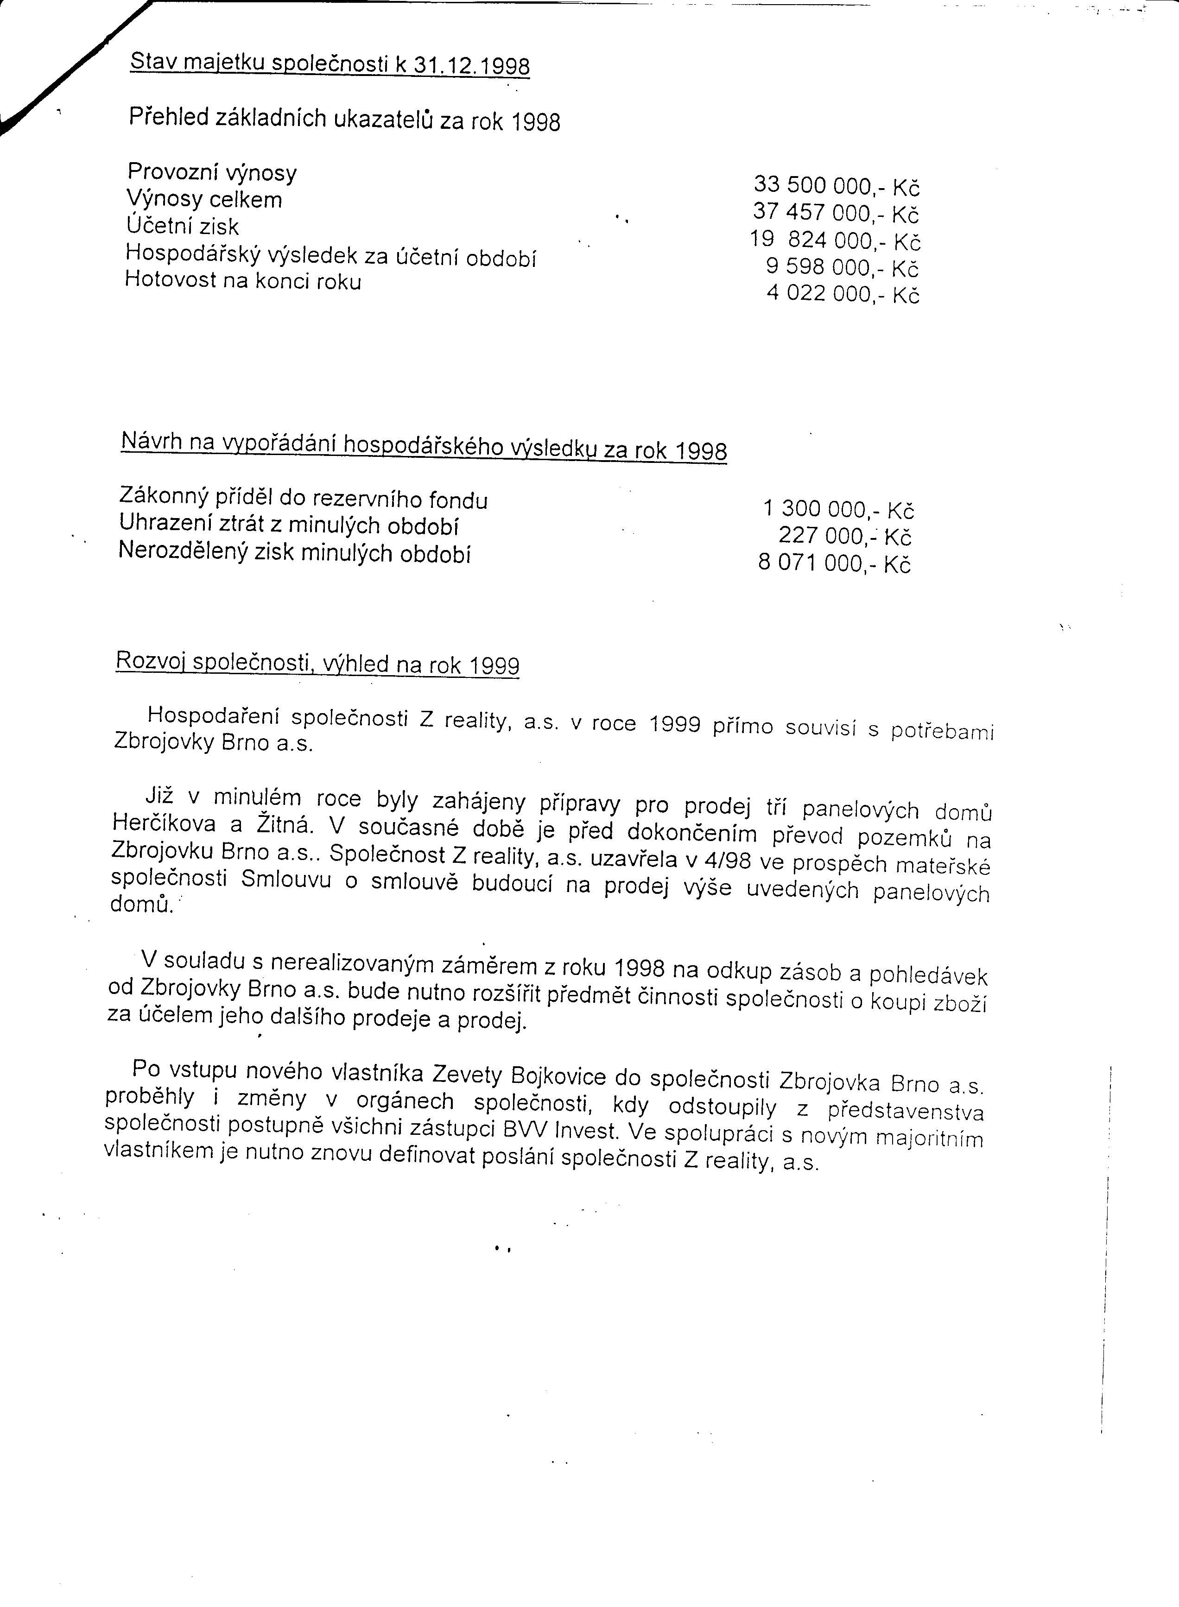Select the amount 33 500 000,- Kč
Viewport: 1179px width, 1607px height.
(837, 185)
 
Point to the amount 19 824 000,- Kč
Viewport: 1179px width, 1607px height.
(835, 240)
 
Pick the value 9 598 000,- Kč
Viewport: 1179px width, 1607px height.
(842, 267)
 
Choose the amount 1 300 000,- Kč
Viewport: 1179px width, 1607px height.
(838, 510)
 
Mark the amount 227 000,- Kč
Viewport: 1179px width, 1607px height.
(845, 536)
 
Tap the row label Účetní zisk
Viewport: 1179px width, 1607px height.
(182, 226)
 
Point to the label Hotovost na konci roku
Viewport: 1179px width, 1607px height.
(243, 280)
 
